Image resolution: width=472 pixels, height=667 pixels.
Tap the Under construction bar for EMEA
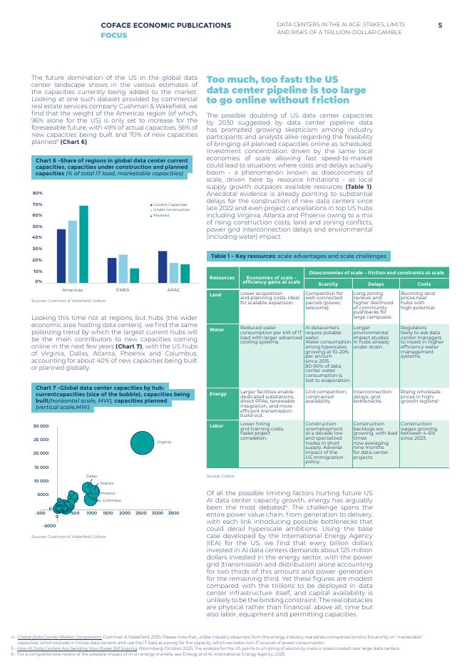[123, 268]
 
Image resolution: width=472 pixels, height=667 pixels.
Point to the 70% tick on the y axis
[38, 205]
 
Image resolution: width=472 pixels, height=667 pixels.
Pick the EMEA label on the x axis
[123, 291]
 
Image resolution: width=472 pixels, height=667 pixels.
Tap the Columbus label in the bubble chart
[111, 500]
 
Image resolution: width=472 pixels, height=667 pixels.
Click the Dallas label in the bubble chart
[91, 475]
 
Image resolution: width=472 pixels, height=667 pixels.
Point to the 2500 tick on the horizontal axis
[140, 513]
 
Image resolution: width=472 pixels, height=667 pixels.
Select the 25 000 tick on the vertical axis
[41, 439]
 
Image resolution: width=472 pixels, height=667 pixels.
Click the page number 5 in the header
[440, 25]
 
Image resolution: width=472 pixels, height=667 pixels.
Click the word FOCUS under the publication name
[114, 34]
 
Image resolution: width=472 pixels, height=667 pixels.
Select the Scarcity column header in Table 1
[327, 284]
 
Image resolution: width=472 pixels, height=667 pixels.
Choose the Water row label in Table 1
[217, 330]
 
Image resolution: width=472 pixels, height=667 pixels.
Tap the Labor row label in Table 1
[217, 425]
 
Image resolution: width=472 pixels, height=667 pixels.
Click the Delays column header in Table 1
[375, 284]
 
